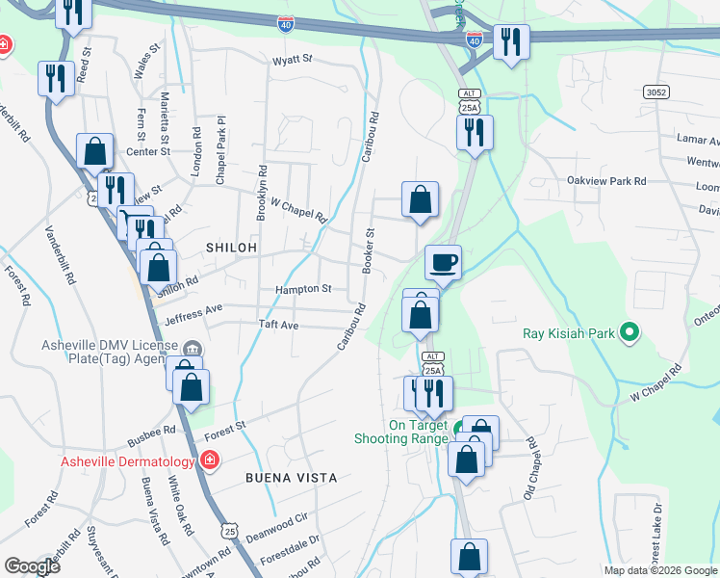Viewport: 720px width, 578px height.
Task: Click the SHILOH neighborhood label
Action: (x=231, y=248)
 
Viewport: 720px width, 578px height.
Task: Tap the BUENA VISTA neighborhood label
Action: (x=291, y=477)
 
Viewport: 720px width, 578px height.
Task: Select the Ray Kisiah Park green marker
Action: (x=630, y=334)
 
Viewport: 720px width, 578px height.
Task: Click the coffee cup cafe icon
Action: (x=444, y=262)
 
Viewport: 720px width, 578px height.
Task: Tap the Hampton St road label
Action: (x=303, y=288)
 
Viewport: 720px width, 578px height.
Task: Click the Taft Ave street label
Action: (x=278, y=326)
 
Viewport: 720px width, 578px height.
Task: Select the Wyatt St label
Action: (x=293, y=59)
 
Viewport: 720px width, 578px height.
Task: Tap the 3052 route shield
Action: (x=656, y=92)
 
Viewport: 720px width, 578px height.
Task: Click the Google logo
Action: (x=32, y=566)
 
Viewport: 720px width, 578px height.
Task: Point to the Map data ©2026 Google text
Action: (x=660, y=570)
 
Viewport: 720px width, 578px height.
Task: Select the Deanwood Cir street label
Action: (x=276, y=529)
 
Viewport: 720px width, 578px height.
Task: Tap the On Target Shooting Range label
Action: (x=419, y=432)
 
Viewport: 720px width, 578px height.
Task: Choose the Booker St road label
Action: (x=368, y=250)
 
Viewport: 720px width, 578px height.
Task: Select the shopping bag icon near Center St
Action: (x=94, y=151)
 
